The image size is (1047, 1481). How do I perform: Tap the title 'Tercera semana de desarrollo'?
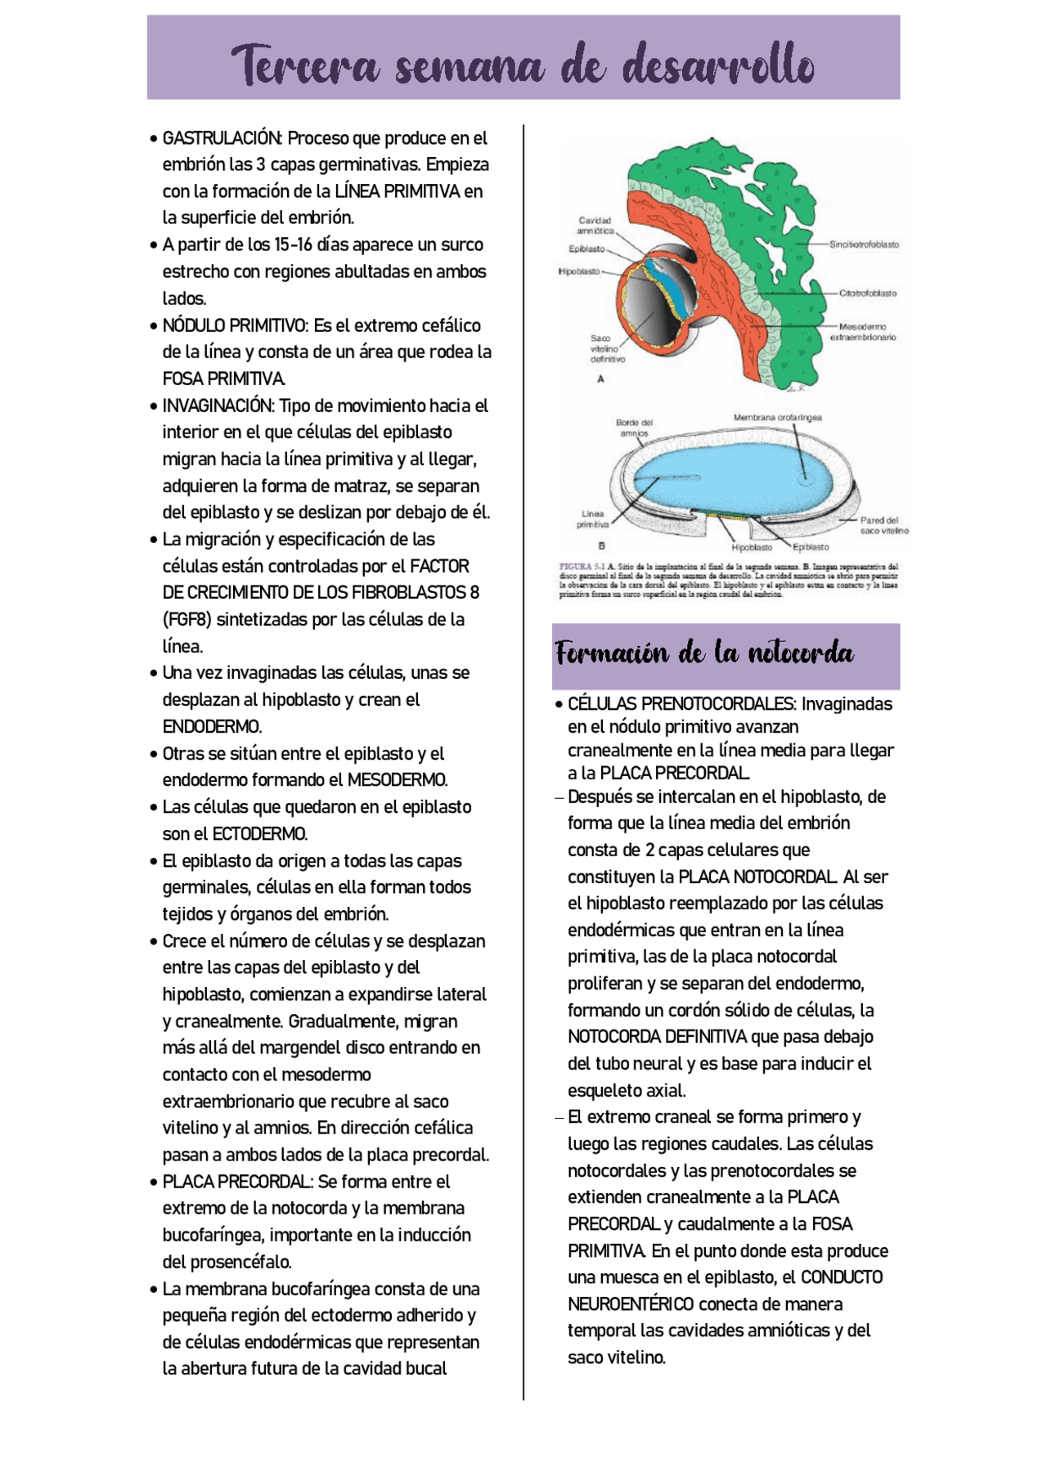pos(523,65)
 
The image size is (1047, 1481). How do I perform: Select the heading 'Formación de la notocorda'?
pos(704,653)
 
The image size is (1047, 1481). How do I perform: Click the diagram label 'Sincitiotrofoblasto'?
pos(863,245)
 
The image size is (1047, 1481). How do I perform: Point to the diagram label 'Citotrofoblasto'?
pos(867,293)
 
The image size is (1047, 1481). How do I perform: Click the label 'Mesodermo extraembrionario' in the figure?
pos(862,332)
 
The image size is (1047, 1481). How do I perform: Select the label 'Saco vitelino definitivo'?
pos(607,348)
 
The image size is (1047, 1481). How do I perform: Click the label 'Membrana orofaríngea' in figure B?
pos(777,418)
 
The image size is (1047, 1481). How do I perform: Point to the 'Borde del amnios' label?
pos(634,428)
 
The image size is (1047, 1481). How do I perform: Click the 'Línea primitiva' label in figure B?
pos(593,519)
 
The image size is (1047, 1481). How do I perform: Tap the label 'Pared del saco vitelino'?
pos(883,525)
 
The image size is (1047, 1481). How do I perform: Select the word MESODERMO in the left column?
pos(397,780)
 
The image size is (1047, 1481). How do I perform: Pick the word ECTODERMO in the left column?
pos(259,834)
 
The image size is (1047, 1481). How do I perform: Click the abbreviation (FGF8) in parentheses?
pos(186,620)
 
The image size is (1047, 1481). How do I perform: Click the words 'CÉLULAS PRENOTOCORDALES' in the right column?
pos(681,704)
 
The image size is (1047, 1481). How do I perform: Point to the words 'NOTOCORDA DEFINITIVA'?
pos(658,1037)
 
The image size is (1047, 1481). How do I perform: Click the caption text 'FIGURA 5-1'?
pos(582,567)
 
